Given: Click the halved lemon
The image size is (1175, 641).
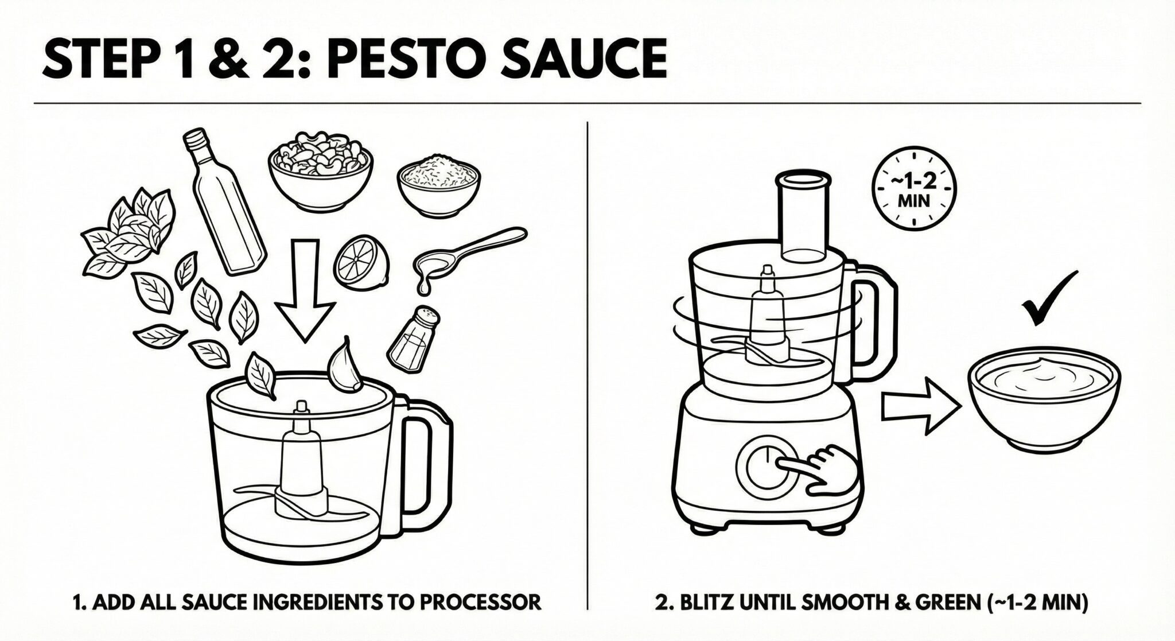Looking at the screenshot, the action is (362, 265).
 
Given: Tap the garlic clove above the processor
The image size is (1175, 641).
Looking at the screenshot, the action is (346, 364).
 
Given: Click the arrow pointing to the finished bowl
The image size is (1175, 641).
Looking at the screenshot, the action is (921, 406).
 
